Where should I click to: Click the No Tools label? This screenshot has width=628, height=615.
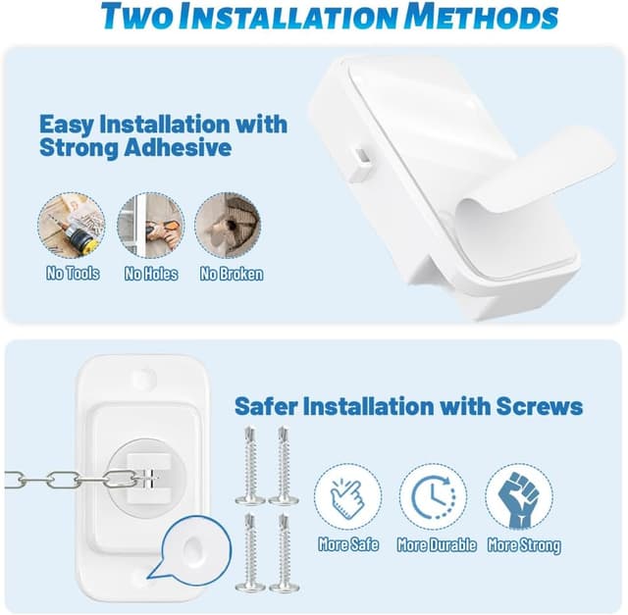(x=73, y=274)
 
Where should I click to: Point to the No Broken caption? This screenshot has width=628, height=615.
(x=232, y=274)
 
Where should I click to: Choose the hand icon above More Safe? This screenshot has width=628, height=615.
(x=348, y=495)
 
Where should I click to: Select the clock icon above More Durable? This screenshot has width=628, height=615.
(x=433, y=495)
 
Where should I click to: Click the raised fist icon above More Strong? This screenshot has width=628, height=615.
(x=519, y=495)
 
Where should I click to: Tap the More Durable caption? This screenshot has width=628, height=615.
(x=437, y=544)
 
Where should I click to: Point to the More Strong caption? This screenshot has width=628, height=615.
(x=523, y=544)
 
